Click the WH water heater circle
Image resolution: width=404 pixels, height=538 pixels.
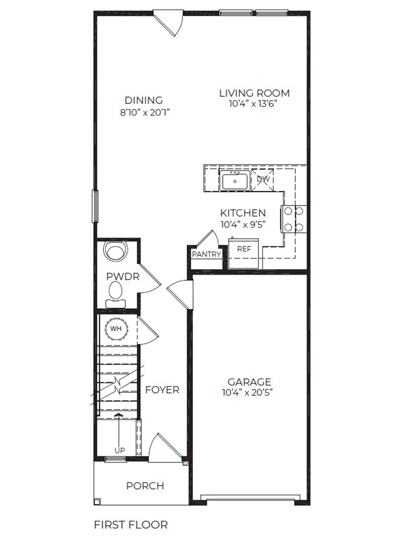point(116,329)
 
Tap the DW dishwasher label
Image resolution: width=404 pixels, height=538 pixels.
point(263,179)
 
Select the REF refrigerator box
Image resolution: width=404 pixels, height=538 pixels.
point(244,250)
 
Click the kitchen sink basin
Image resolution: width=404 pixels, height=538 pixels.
point(234,182)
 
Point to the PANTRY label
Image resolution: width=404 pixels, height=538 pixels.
point(206,254)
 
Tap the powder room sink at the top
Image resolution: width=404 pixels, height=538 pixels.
point(116,252)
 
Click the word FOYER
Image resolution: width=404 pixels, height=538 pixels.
point(162,390)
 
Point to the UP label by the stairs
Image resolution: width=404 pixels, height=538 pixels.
point(119,450)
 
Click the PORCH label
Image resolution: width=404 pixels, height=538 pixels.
point(145,486)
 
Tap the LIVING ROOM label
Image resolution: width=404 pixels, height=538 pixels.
point(254,93)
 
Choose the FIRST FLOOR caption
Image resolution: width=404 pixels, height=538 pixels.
point(131,525)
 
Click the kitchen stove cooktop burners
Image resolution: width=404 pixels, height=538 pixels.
point(294,219)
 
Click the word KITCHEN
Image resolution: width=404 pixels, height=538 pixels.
point(242,213)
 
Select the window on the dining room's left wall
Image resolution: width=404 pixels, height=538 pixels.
point(95,206)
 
